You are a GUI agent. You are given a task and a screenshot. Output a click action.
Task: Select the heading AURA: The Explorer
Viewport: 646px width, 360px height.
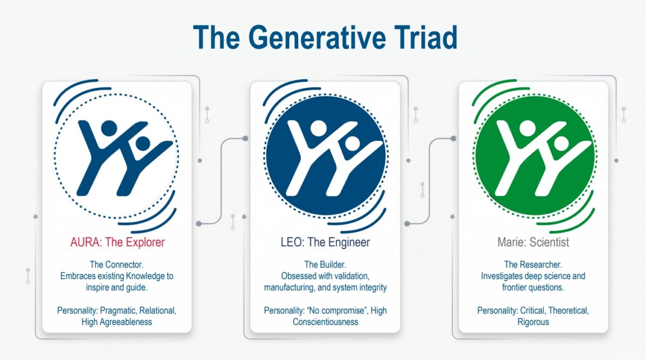click(117, 242)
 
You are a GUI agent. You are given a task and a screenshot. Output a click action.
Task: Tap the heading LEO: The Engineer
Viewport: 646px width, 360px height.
click(325, 242)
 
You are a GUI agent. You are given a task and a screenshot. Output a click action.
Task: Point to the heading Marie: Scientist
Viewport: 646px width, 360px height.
click(533, 242)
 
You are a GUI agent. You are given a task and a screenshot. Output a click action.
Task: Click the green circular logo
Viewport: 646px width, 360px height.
click(535, 156)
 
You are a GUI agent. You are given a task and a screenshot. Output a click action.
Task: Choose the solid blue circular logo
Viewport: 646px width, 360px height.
click(326, 156)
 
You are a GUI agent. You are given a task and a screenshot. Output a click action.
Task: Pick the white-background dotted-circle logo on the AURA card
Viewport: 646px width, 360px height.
click(116, 156)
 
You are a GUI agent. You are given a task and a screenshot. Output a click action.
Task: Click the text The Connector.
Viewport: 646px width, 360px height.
click(116, 264)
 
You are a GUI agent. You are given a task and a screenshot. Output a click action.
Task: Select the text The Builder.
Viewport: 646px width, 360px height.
click(325, 264)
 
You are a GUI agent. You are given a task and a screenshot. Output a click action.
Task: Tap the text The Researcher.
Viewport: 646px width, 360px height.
click(533, 264)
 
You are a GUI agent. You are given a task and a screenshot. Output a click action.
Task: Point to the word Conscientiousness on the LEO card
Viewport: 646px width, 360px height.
click(325, 322)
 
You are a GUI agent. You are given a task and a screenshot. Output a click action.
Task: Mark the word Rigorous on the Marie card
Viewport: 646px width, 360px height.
click(533, 322)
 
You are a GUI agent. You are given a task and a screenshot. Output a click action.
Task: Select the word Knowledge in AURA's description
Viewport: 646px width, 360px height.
click(145, 276)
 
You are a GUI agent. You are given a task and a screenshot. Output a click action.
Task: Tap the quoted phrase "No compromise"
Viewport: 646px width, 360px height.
click(338, 310)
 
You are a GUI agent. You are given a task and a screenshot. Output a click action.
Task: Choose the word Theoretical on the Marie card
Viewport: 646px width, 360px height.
click(568, 310)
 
